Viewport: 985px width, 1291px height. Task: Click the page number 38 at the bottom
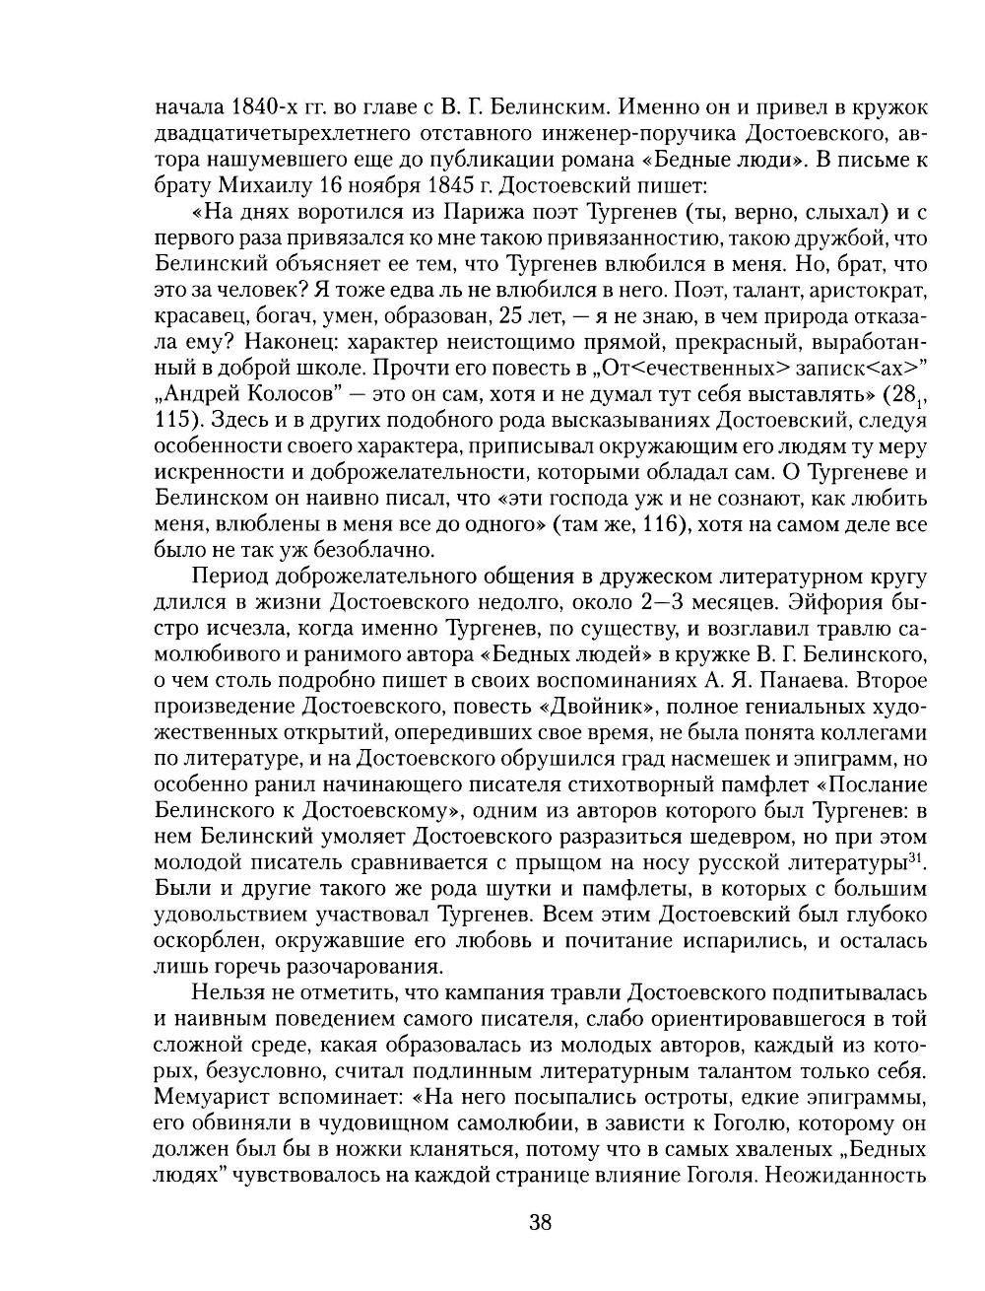tap(541, 1223)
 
